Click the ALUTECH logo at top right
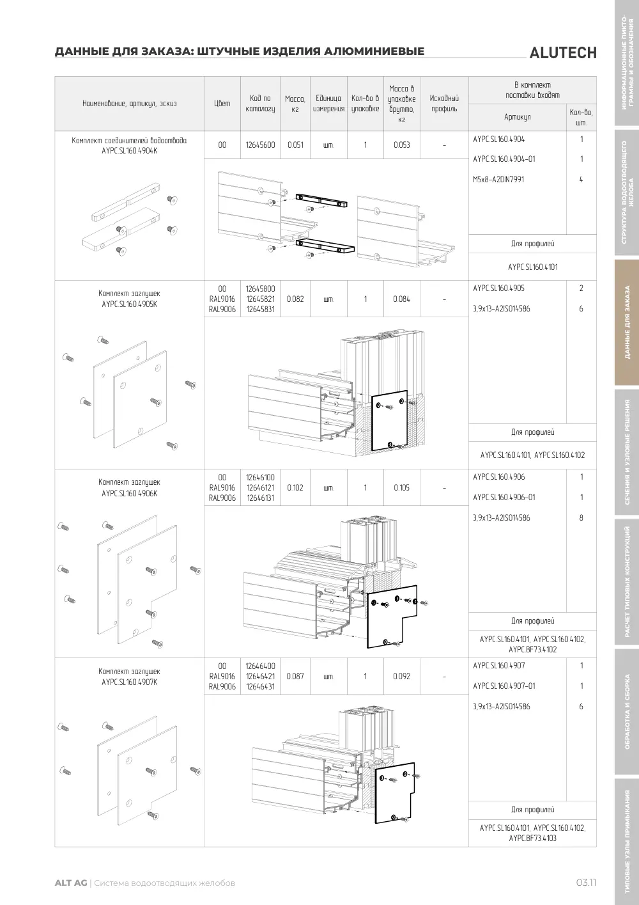(563, 53)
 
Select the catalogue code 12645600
(260, 145)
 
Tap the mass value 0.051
(295, 145)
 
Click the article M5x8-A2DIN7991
(498, 179)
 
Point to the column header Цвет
(222, 104)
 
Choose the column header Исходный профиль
(444, 104)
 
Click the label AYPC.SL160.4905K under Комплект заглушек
(129, 304)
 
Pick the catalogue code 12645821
(260, 299)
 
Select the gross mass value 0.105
(402, 487)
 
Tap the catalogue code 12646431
(260, 686)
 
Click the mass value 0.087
(295, 676)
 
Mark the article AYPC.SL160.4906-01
(504, 498)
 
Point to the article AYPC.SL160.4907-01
(504, 686)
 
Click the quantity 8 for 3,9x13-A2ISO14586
(581, 518)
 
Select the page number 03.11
(586, 883)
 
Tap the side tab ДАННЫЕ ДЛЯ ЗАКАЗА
(627, 322)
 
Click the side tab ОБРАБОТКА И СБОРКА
(627, 711)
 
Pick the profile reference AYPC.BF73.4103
(533, 838)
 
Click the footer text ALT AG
(71, 883)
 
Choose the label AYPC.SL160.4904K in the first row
(129, 151)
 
